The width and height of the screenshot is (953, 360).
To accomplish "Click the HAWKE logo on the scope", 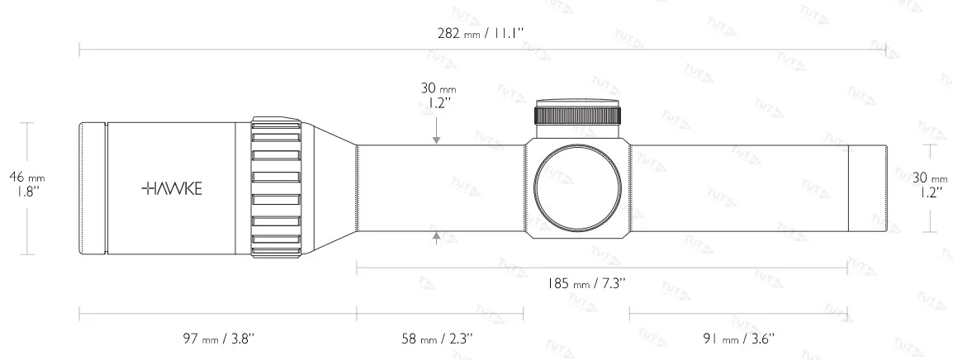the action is [172, 188].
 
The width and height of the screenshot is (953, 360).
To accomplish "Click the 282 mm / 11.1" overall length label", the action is [480, 33].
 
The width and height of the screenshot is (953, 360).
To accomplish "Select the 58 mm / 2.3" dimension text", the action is [437, 338].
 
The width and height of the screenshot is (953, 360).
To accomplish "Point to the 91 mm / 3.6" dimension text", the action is [738, 338].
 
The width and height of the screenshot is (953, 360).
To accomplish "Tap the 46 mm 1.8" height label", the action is [27, 183].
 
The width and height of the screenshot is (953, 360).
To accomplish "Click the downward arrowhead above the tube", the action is [436, 140].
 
